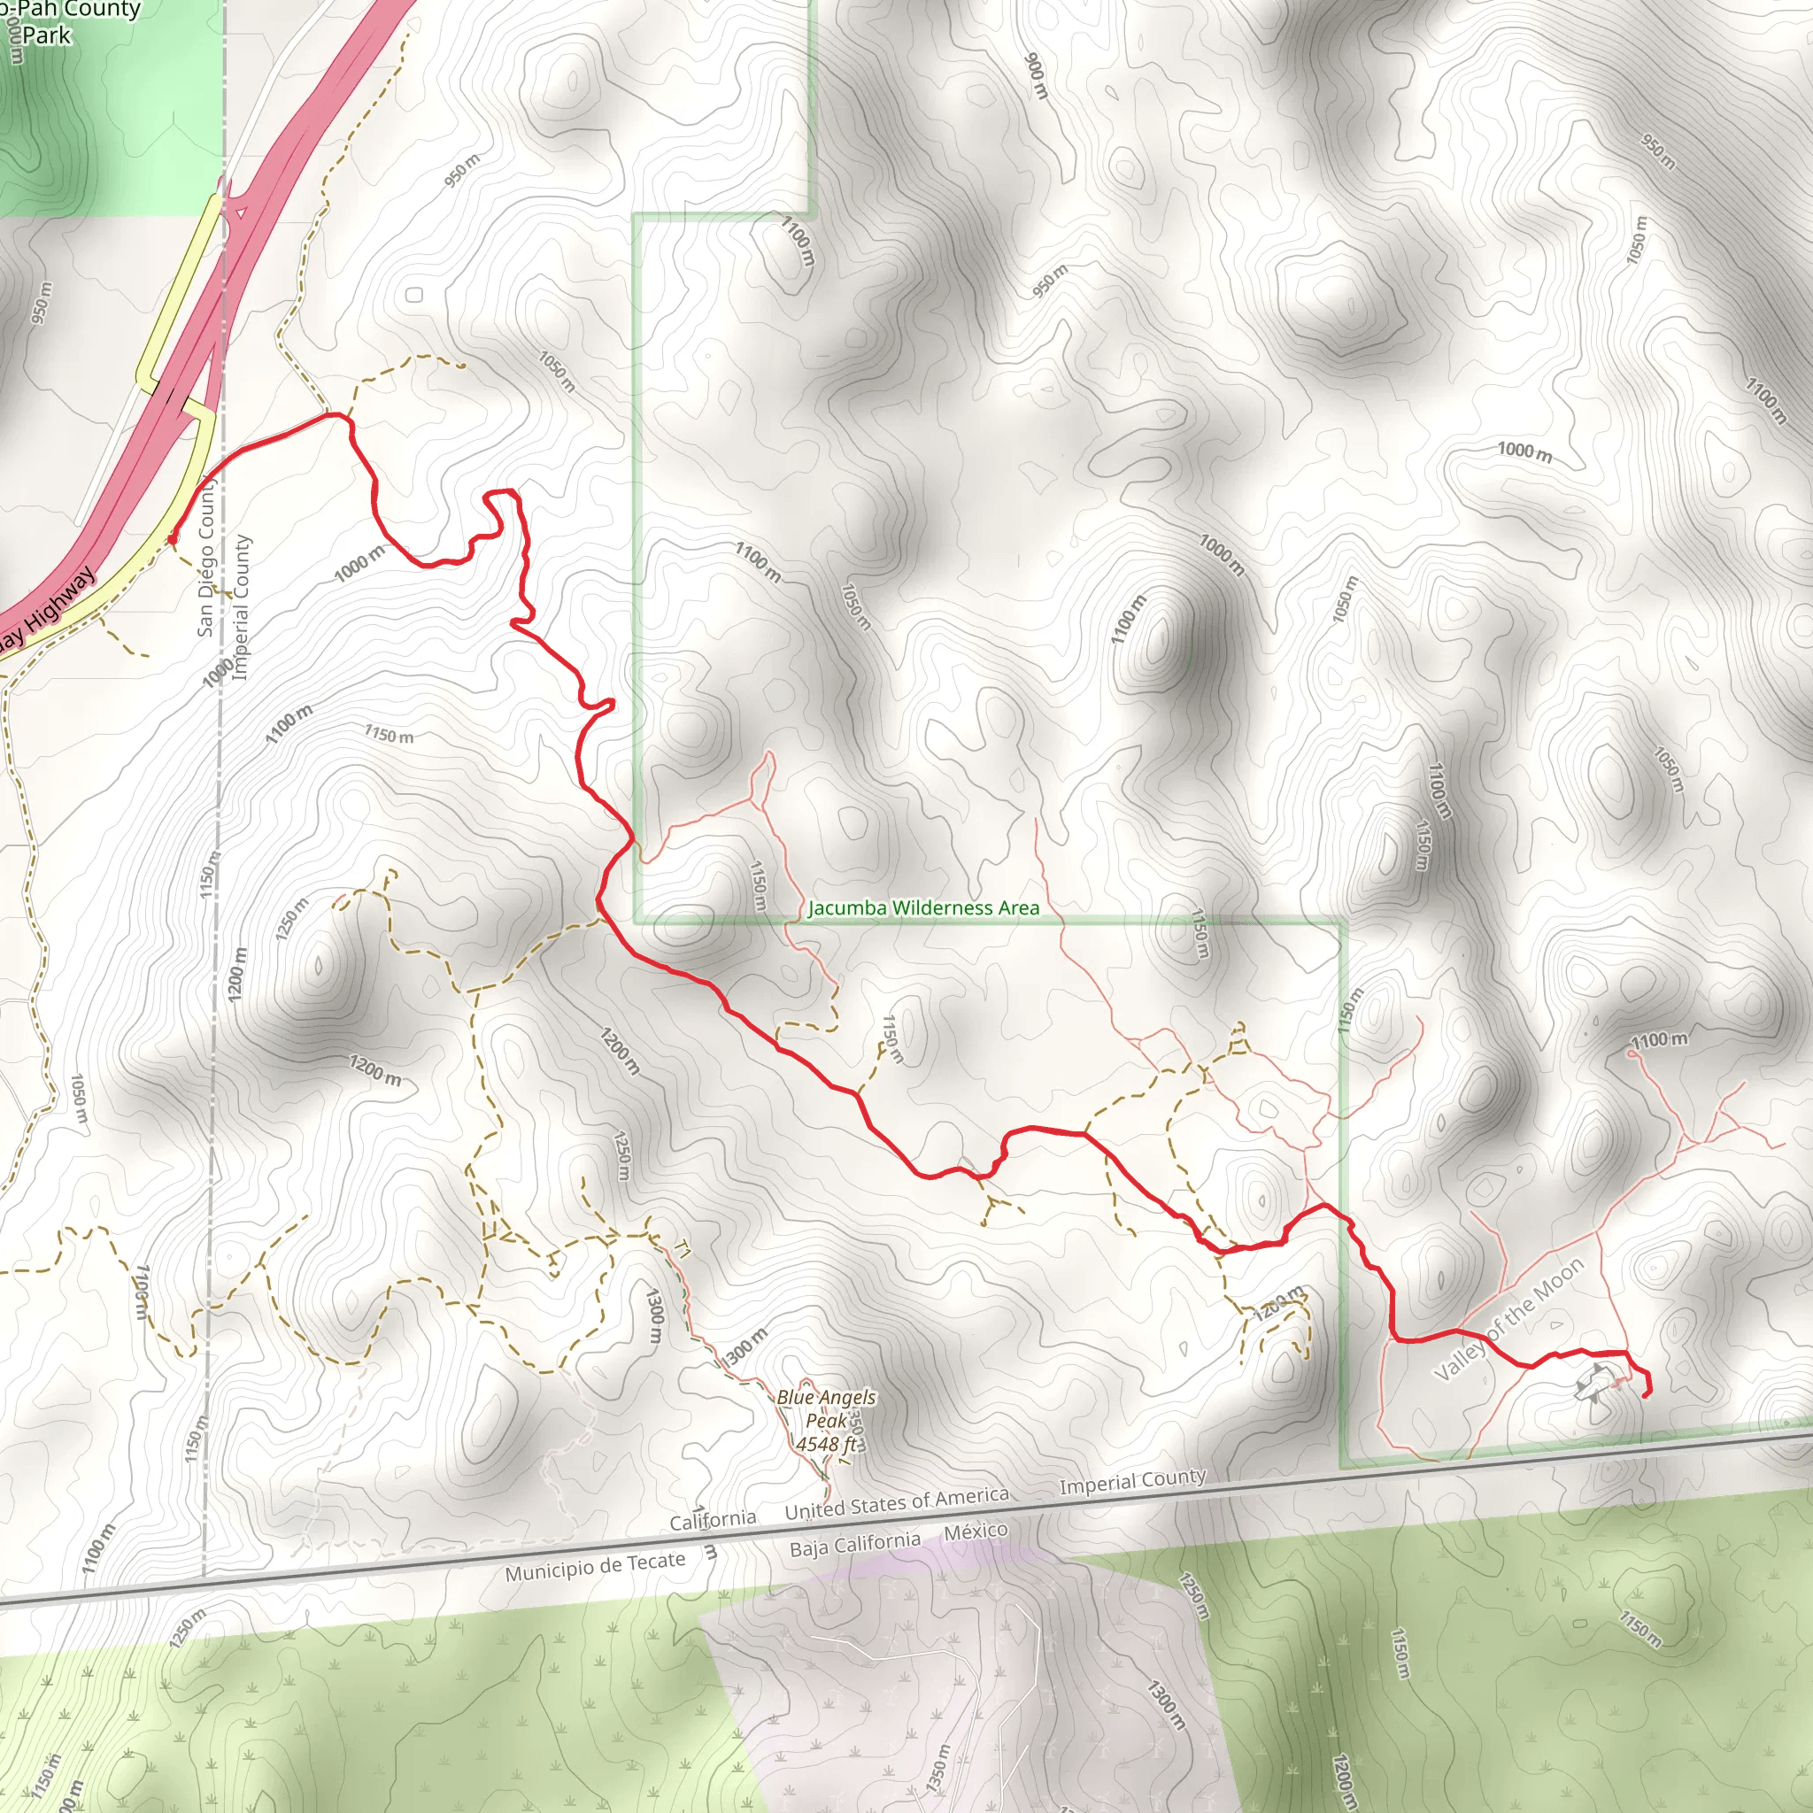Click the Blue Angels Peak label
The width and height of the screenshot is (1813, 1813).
click(x=826, y=1408)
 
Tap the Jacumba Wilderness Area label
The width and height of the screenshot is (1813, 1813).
click(x=923, y=908)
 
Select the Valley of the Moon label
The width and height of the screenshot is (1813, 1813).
click(x=1509, y=1318)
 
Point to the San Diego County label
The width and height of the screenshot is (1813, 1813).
click(x=207, y=558)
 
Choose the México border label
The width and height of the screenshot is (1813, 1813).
click(x=976, y=1532)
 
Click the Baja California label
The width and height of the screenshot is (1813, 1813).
click(x=855, y=1545)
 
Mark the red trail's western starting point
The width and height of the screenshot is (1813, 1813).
click(x=172, y=540)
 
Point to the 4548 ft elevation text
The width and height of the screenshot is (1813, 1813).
click(x=826, y=1444)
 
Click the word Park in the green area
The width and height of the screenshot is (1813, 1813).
click(x=47, y=36)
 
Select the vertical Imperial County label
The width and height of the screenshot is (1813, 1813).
click(x=241, y=607)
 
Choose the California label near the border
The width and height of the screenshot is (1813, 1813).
click(x=713, y=1519)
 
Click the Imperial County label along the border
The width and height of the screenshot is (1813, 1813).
click(x=1131, y=1482)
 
